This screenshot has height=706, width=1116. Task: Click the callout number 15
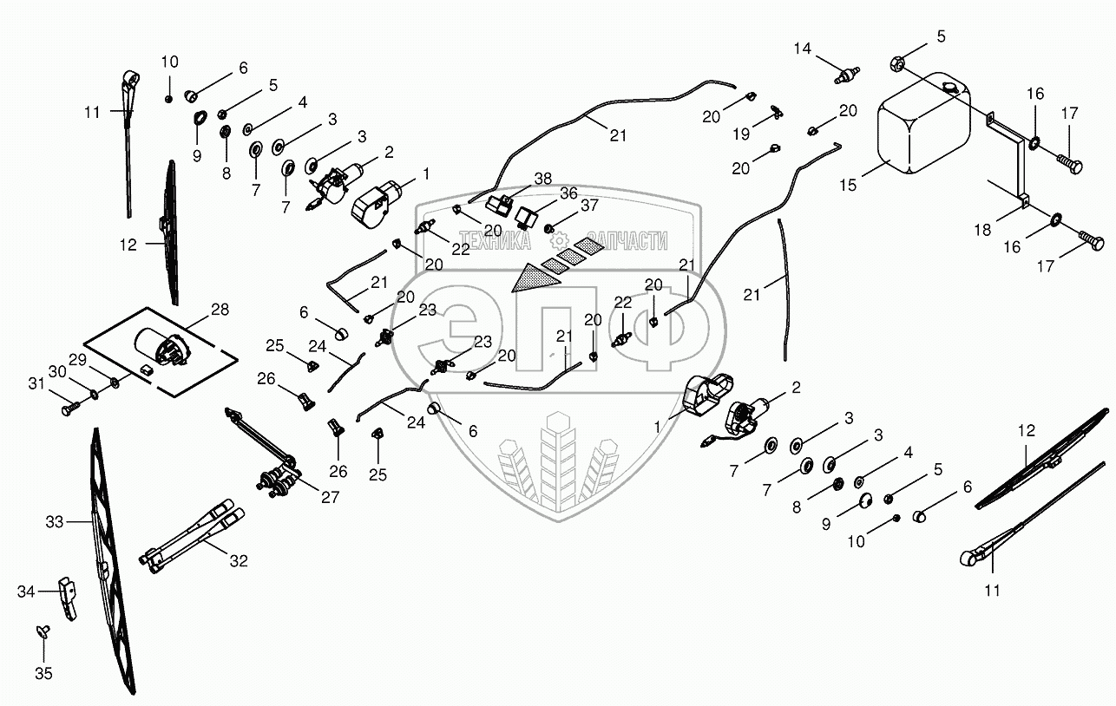tap(847, 185)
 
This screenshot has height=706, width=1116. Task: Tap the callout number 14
tap(802, 49)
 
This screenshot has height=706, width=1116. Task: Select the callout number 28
tap(220, 310)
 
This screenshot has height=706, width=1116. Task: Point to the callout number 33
tap(55, 522)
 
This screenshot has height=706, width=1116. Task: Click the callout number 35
tap(43, 672)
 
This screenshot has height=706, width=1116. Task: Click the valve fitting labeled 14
tap(841, 75)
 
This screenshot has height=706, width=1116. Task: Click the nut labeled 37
tap(550, 228)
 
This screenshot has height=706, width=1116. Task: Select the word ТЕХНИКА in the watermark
tap(494, 240)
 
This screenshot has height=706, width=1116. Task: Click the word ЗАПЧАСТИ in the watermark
tap(627, 240)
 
